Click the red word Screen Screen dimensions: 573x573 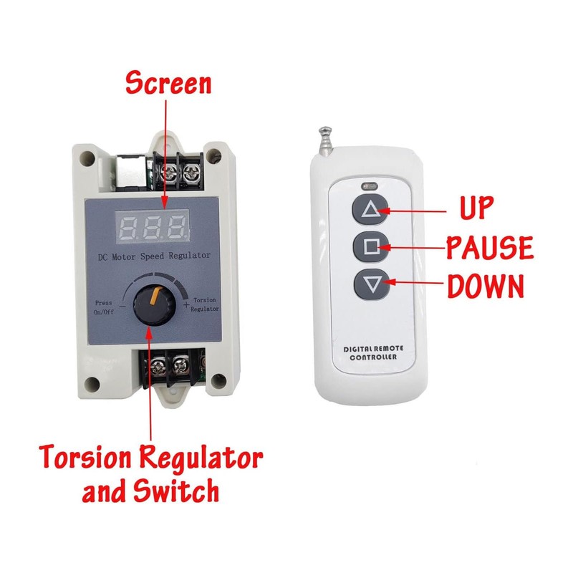coord(169,83)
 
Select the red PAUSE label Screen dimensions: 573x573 coord(490,248)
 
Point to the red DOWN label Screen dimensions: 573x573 coord(486,286)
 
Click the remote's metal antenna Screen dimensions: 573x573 coord(324,139)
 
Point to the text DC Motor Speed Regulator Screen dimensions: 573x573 coord(153,256)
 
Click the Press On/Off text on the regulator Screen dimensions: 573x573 coord(104,307)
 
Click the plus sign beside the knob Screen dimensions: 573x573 coord(186,305)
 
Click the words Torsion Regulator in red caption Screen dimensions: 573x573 coord(151,456)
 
